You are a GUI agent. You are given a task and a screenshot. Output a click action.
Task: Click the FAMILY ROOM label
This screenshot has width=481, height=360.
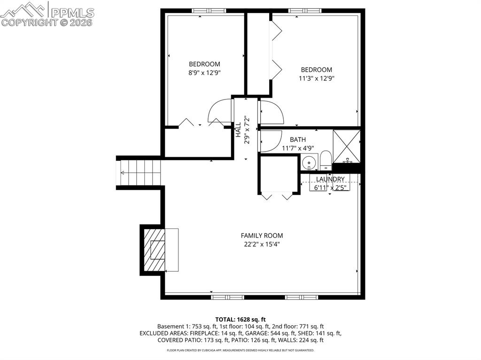262,236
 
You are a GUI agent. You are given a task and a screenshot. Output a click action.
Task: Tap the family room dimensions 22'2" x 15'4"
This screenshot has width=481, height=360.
262,244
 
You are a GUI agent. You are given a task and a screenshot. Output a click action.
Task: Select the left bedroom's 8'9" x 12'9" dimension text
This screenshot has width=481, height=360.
204,73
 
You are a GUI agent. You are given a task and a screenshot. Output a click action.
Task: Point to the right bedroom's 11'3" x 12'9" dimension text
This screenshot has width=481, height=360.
317,78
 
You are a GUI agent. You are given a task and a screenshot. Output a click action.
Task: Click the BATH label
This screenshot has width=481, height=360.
297,139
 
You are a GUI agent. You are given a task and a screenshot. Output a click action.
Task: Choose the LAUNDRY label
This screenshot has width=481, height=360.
330,179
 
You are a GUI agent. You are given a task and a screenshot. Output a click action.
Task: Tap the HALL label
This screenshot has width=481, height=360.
238,130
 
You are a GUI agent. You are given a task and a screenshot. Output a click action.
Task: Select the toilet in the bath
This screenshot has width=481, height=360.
326,161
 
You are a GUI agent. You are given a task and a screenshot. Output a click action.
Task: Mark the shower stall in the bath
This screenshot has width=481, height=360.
347,146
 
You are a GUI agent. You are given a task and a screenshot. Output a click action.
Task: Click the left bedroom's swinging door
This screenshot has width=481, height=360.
220,112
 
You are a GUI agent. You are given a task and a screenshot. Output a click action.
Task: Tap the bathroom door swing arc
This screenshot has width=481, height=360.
270,140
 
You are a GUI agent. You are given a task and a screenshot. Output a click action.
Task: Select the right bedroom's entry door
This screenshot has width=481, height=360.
271,113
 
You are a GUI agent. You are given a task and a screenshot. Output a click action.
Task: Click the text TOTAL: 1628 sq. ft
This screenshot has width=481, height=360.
240,319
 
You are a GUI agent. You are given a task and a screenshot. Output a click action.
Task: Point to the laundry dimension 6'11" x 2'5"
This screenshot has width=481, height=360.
330,188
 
